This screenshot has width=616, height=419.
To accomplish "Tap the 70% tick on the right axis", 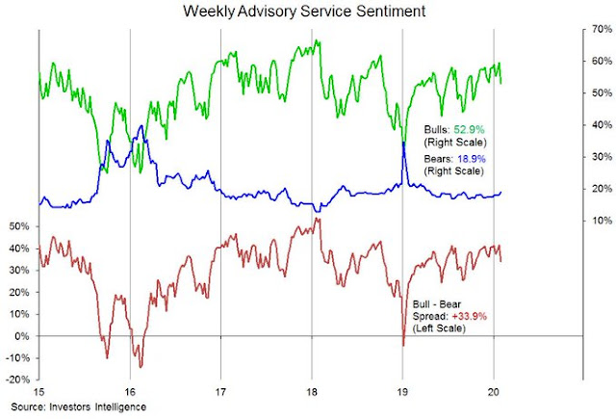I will tap(597, 29).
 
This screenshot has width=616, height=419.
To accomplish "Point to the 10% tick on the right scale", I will tap(597, 221).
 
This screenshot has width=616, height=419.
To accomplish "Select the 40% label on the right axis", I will tap(597, 125).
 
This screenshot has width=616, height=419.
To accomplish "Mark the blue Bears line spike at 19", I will tap(402, 143).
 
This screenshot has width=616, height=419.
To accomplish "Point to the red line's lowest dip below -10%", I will tap(141, 366).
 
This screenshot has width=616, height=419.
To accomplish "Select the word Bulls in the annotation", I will tap(437, 127).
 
